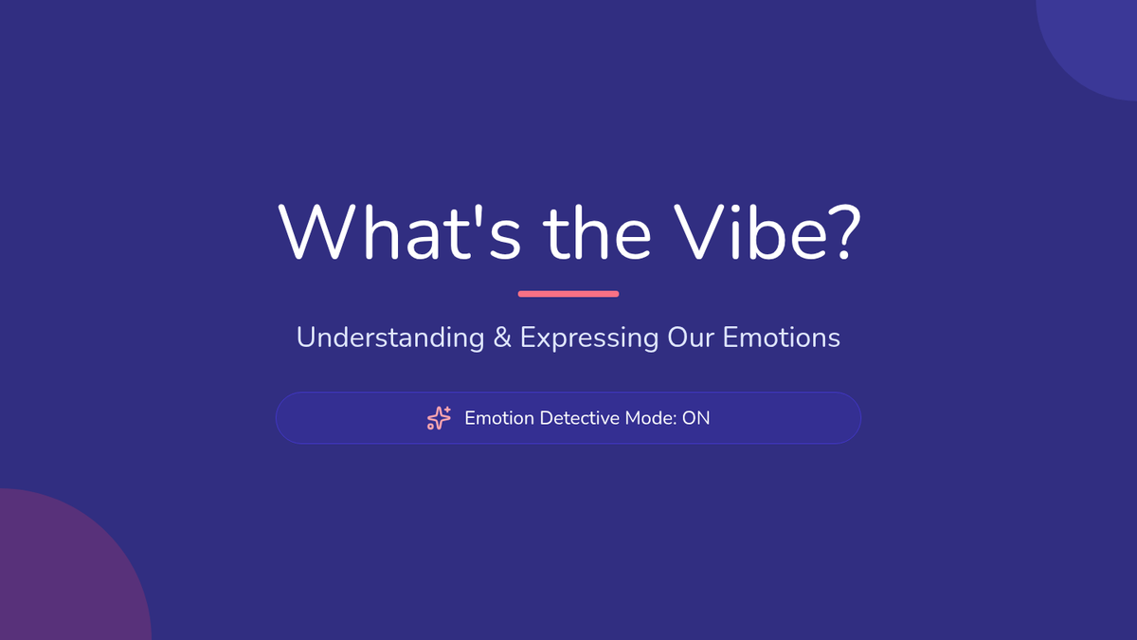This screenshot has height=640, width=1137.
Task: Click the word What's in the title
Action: tap(400, 232)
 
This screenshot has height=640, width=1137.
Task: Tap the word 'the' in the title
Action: tap(597, 232)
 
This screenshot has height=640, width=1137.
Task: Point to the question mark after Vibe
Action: tap(847, 232)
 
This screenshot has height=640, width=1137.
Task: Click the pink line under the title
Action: tap(568, 294)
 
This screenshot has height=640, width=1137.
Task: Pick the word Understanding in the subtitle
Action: tap(390, 338)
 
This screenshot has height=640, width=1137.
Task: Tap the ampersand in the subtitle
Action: tap(502, 338)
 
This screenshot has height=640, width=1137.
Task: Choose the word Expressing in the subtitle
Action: tap(589, 338)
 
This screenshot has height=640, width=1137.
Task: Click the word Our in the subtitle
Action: tap(691, 338)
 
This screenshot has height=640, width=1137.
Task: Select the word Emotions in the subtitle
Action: tap(781, 338)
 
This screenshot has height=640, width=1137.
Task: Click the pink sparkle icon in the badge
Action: tap(439, 418)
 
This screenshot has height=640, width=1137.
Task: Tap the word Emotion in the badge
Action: tap(499, 418)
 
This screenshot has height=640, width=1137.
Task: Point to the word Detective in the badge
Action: tap(579, 418)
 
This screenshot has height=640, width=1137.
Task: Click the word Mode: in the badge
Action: tap(651, 418)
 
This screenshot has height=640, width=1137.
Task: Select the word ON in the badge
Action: tap(695, 418)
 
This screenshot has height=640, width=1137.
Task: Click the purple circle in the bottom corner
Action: tap(66, 569)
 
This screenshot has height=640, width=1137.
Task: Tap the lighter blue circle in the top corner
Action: tap(1096, 41)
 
